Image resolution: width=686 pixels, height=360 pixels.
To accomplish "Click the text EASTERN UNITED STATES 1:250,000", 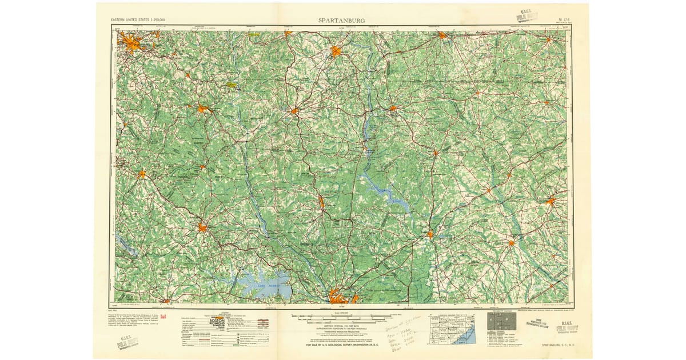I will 142,21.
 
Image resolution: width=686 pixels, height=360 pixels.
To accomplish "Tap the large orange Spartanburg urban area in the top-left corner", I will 131,43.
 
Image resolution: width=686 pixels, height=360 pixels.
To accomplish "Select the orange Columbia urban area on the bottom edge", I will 341,297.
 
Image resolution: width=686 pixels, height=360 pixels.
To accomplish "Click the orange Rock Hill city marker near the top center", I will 336,51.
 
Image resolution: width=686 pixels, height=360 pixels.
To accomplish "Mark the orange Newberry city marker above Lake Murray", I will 202,228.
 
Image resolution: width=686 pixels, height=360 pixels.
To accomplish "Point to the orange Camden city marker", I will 430,234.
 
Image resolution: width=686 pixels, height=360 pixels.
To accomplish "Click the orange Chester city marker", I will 294,111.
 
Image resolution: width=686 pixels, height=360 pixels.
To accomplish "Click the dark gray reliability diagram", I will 497,321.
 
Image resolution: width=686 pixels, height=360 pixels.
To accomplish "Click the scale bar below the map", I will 343,316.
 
